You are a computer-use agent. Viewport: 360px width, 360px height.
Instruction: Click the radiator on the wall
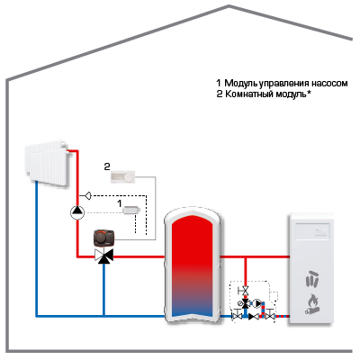pyautogui.click(x=49, y=164)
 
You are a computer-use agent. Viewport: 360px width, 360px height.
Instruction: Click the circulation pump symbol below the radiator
pyautogui.click(x=77, y=212)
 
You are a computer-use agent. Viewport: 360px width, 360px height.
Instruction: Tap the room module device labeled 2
pyautogui.click(x=123, y=176)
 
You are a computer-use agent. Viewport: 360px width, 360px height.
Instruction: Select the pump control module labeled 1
pyautogui.click(x=131, y=210)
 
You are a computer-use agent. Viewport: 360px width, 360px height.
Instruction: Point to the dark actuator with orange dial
pyautogui.click(x=104, y=238)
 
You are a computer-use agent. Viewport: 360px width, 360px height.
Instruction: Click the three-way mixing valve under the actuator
pyautogui.click(x=103, y=256)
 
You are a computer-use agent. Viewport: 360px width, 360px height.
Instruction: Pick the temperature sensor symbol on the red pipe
pyautogui.click(x=87, y=196)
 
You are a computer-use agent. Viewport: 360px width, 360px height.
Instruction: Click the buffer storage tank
pyautogui.click(x=193, y=265)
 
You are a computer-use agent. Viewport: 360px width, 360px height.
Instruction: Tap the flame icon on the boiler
pyautogui.click(x=312, y=304)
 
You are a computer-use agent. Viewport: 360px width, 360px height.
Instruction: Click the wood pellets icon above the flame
pyautogui.click(x=312, y=279)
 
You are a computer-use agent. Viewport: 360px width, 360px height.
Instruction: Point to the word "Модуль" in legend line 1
pyautogui.click(x=242, y=83)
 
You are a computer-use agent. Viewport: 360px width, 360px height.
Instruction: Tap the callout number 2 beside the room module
pyautogui.click(x=107, y=166)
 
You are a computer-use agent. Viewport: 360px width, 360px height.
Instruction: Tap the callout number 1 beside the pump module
pyautogui.click(x=120, y=203)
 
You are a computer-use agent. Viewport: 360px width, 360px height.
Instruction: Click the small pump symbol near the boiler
pyautogui.click(x=257, y=303)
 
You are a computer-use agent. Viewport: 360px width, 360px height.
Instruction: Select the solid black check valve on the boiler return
pyautogui.click(x=254, y=316)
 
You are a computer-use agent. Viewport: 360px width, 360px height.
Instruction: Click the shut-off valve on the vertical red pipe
pyautogui.click(x=245, y=291)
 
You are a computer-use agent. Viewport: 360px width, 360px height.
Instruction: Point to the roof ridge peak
pyautogui.click(x=229, y=5)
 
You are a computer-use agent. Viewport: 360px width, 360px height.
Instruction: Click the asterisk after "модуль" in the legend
pyautogui.click(x=309, y=93)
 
